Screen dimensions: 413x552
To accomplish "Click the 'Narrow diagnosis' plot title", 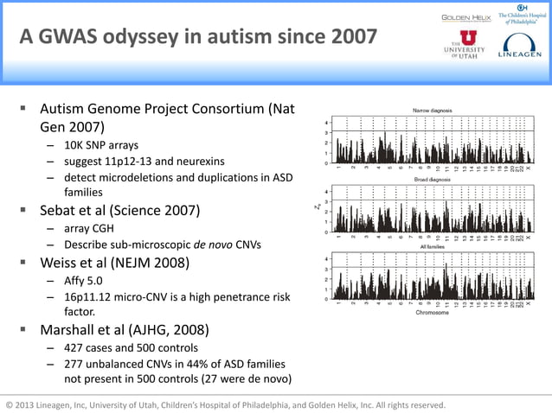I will click(x=432, y=111).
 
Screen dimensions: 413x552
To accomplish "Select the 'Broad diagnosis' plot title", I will click(x=432, y=179).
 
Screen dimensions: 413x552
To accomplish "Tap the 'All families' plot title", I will click(x=432, y=246).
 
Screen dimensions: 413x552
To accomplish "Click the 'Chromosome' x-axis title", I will click(x=432, y=313).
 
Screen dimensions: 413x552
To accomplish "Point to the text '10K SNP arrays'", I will click(x=100, y=144).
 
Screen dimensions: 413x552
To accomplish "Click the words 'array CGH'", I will click(x=90, y=227).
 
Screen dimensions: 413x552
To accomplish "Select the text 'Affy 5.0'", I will click(x=85, y=280).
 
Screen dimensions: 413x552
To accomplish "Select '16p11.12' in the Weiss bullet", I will click(x=87, y=296).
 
